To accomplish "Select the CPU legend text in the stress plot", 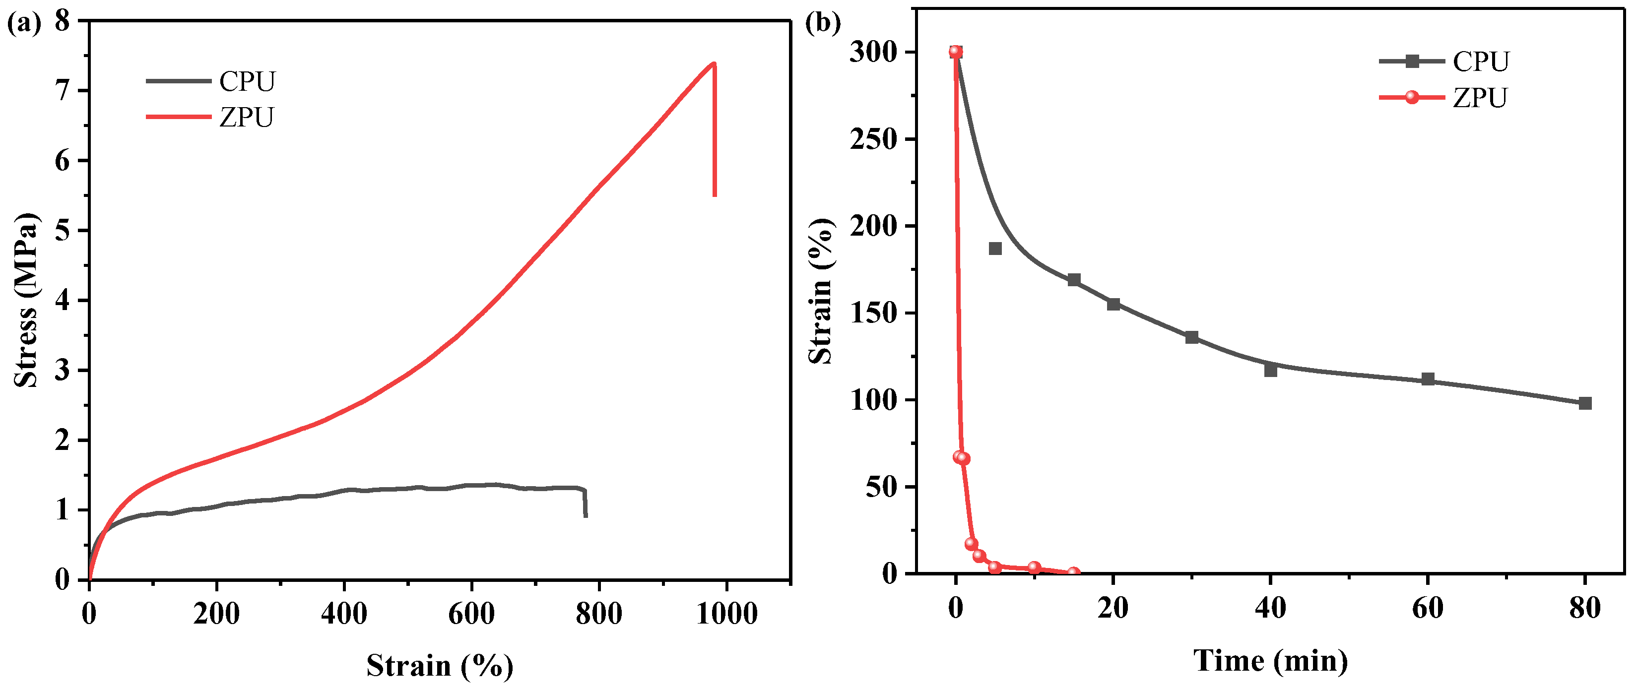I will (247, 81).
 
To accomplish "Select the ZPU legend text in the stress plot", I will (247, 118).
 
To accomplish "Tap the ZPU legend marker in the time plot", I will (1411, 98).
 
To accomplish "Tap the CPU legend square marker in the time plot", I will (1411, 62).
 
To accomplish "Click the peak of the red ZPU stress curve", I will (714, 63).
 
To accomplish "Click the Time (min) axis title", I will (1270, 661).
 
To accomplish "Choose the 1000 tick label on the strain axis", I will (726, 614).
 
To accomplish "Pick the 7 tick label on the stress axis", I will (63, 91).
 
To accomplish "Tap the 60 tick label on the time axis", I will (1427, 609).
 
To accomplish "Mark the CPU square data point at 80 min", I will (1585, 403).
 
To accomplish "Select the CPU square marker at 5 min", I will (995, 249).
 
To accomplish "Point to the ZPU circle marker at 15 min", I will (1073, 573).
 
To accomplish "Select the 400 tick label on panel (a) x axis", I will (344, 614).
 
